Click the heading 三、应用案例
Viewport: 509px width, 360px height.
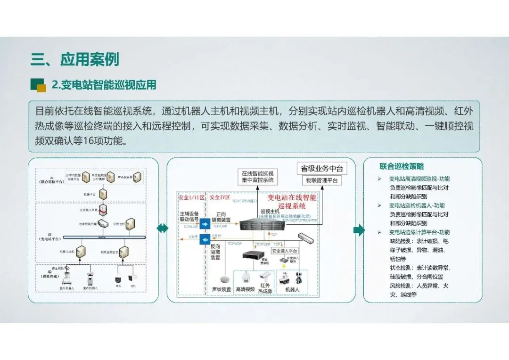tap(74, 60)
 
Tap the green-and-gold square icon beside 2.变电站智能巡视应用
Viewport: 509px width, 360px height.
tap(38, 85)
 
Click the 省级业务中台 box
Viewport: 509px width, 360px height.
tap(322, 169)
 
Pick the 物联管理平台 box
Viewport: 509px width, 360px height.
tap(322, 180)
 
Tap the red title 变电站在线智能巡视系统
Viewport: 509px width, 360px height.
tap(292, 202)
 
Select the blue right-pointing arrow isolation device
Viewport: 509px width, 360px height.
tap(205, 224)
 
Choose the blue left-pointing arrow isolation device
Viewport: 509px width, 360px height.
tap(205, 241)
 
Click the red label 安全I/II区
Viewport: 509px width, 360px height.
tap(191, 197)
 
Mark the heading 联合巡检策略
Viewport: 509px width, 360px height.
tap(402, 166)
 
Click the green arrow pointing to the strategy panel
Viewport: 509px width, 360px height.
tap(359, 230)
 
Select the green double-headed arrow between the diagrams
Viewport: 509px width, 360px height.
tap(163, 229)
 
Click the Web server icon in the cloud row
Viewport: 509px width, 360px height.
tap(137, 177)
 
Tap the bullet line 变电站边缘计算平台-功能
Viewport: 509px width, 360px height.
tap(419, 232)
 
